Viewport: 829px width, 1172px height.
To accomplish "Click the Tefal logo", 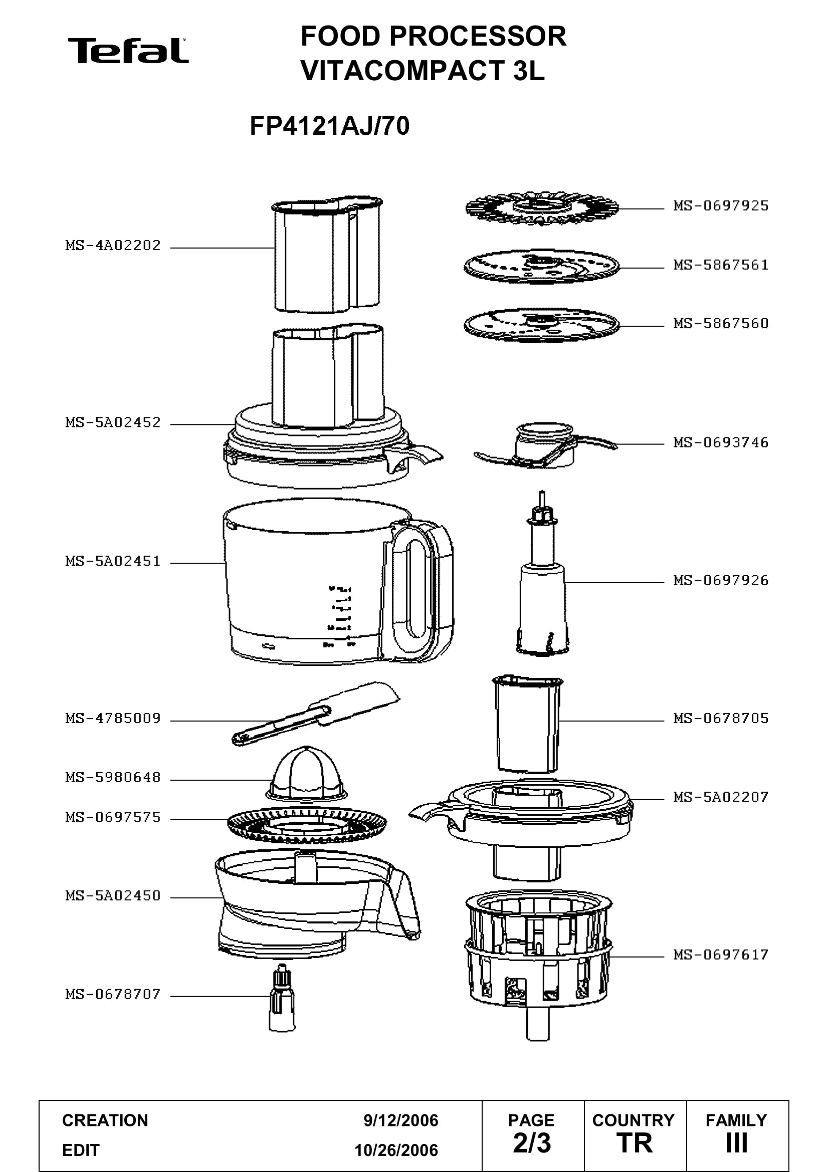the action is point(128,51).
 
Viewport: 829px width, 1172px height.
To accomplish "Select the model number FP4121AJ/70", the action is point(329,126).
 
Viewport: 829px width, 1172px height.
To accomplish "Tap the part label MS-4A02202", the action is point(113,246).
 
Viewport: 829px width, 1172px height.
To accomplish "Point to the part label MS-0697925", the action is point(721,206).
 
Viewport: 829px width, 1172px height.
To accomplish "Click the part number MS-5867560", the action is point(721,324).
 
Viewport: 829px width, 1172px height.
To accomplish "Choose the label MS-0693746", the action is point(721,442).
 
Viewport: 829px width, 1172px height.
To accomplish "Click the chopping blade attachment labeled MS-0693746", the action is point(545,445).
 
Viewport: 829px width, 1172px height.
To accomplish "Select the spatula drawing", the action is point(315,713).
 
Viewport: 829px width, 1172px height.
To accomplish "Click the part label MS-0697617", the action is point(721,955).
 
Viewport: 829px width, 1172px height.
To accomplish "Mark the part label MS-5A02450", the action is point(113,896).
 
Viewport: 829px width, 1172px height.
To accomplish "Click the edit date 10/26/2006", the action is point(396,1150).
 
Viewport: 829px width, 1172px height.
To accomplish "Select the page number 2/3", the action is point(532,1143).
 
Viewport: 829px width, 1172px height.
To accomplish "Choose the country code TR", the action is point(635,1143).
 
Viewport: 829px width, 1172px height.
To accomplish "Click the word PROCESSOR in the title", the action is point(478,36).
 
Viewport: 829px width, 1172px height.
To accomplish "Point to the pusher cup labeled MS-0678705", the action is point(527,724).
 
